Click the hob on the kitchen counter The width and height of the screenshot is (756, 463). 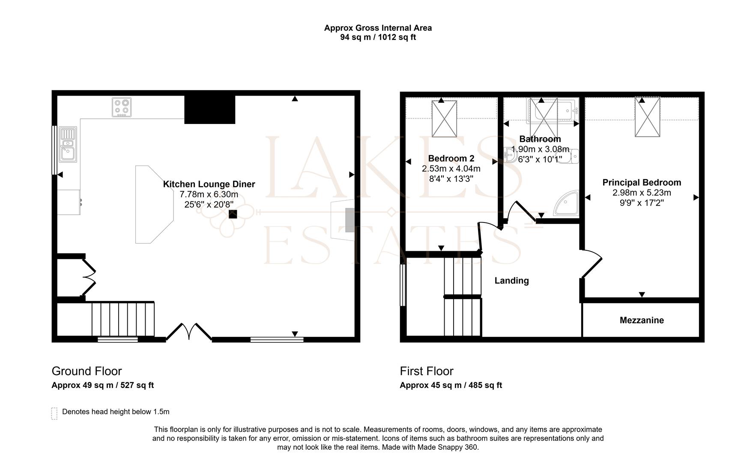pos(122,107)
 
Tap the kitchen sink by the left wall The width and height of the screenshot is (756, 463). pos(68,144)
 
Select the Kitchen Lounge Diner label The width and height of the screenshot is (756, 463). pos(209,184)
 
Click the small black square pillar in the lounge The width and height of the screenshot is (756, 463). pos(233,214)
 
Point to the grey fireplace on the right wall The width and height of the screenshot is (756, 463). pos(350,220)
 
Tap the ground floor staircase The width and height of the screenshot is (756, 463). pos(123,319)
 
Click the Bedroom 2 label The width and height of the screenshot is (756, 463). pos(451,158)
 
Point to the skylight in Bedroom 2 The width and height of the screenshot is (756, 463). pos(444,119)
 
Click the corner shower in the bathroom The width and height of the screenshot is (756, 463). pos(568,204)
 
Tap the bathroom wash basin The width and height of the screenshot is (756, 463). pos(510,155)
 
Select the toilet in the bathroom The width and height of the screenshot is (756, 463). pos(570,156)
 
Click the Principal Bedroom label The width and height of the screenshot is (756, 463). pos(641,183)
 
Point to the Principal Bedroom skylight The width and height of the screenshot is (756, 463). pos(647,117)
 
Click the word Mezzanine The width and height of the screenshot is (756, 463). pos(641,320)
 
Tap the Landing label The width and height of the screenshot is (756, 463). pos(511,281)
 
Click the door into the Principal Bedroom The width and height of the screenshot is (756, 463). pos(592,265)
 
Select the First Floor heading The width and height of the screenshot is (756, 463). pos(426,371)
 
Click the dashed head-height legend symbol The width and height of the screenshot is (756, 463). pos(54,413)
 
